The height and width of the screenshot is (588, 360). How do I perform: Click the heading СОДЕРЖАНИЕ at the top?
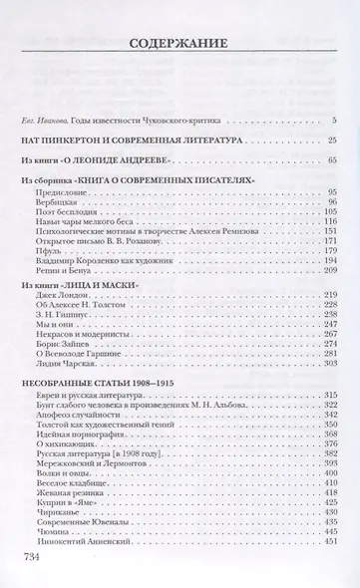click(180, 43)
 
